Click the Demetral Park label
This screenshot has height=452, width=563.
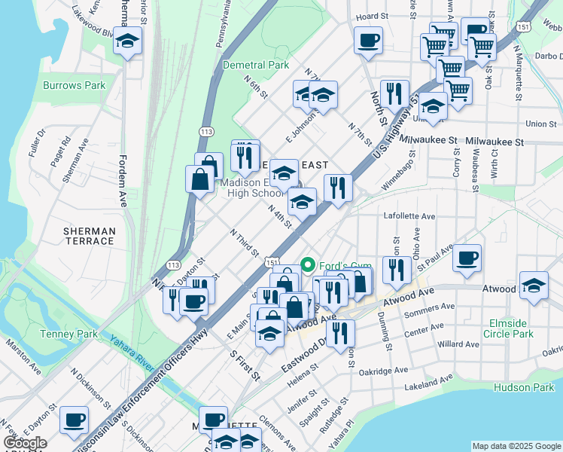[256, 65]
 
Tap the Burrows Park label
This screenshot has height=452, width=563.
[74, 85]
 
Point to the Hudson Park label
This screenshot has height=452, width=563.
[524, 387]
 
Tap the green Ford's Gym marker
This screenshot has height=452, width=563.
[308, 264]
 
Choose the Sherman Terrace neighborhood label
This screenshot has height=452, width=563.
[90, 236]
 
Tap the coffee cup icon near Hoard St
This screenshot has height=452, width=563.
[368, 40]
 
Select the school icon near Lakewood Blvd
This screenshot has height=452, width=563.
[128, 41]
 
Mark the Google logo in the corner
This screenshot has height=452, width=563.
[25, 443]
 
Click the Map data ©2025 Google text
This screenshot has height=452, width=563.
[516, 446]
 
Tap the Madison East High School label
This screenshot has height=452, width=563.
[251, 188]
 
